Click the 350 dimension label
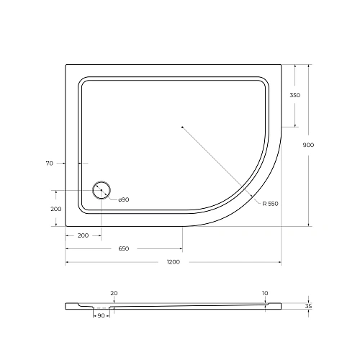click(x=295, y=95)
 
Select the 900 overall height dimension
click(x=309, y=145)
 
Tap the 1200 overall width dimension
click(x=173, y=262)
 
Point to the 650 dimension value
click(x=124, y=248)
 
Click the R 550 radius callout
click(x=270, y=204)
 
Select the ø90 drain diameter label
click(x=122, y=199)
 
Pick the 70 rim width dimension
click(x=50, y=164)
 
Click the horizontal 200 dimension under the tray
click(x=83, y=235)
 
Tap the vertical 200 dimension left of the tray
click(x=55, y=208)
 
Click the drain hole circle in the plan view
click(x=101, y=191)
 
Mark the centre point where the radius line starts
click(x=183, y=127)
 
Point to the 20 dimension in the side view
click(x=114, y=293)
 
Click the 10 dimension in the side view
click(x=265, y=293)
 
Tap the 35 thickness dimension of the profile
click(x=309, y=306)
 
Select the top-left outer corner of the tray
click(x=66, y=65)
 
